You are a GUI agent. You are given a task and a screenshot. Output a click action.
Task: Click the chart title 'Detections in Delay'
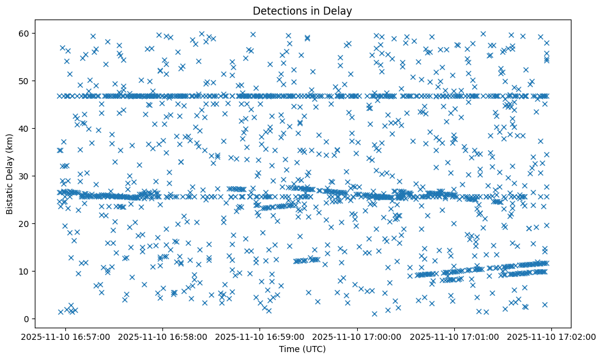302,10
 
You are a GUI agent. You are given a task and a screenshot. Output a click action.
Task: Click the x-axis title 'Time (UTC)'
302,349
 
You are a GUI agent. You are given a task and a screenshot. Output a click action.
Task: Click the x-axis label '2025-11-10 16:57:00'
65,336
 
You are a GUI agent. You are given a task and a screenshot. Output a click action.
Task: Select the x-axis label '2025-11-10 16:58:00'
162,336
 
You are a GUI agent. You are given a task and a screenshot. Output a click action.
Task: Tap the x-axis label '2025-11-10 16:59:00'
260,336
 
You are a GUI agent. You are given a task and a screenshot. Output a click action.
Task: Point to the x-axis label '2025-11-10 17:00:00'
357,336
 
